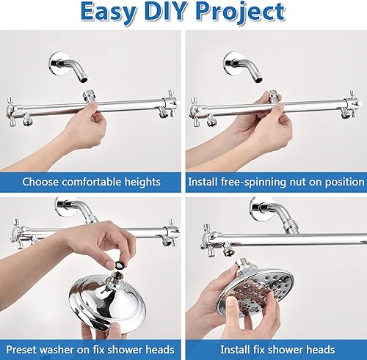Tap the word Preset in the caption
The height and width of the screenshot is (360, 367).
(x=41, y=349)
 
